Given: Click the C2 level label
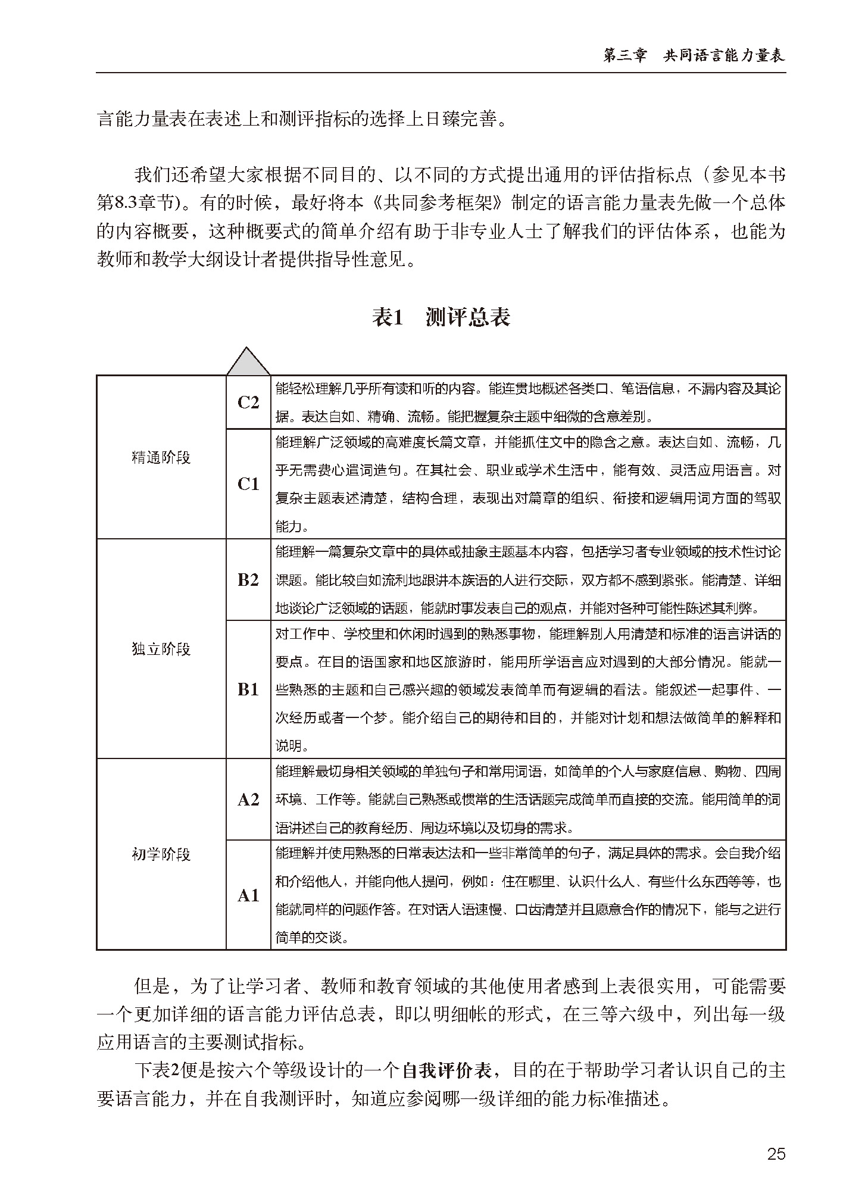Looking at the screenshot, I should coord(248,402).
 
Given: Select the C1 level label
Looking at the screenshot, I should coord(248,484).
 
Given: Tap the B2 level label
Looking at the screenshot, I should coord(248,580).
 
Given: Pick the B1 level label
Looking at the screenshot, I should coord(248,689).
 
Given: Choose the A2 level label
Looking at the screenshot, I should coord(248,800).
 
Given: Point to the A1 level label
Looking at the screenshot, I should coord(248,895).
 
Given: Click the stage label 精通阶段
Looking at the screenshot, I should coord(161,457).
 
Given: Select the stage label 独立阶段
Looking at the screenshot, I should coord(161,648).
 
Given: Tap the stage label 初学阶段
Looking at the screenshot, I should coord(161,854).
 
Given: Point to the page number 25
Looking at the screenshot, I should coord(776,1154).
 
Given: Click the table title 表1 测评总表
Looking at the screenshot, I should coord(441,317).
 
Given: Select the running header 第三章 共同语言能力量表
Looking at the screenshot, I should coord(694,55).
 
